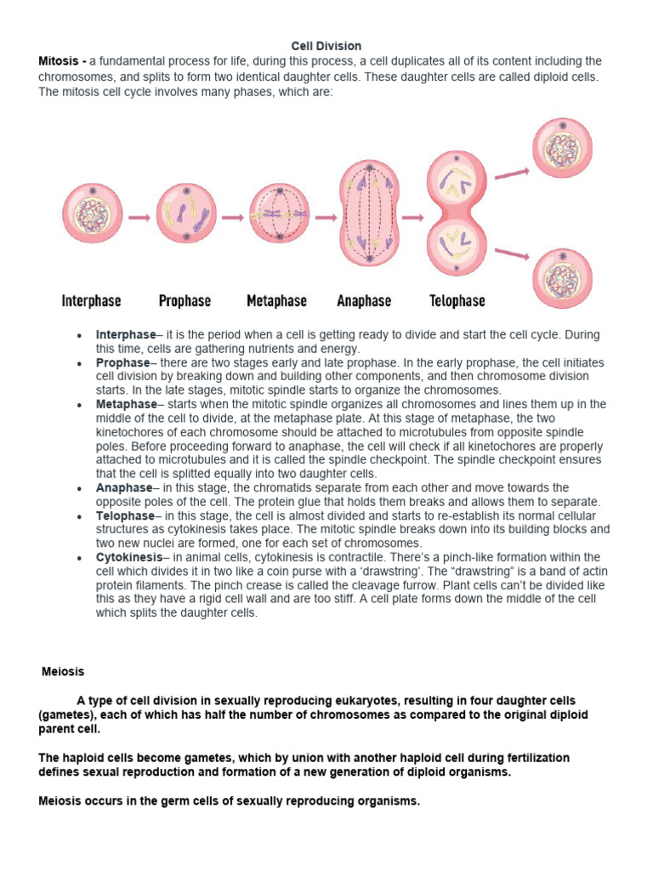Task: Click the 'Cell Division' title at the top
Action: point(326,46)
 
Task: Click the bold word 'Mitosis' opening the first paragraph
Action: point(60,61)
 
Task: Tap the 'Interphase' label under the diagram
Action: point(91,301)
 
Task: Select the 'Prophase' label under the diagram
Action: point(185,301)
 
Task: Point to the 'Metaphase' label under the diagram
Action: point(276,301)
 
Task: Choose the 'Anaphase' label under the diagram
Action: point(364,301)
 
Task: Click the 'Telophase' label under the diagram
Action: point(457,301)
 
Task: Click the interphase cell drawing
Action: point(92,216)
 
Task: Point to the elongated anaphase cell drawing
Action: point(368,216)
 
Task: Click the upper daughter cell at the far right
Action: point(563,148)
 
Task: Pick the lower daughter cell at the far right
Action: point(563,278)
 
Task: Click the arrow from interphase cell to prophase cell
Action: point(139,217)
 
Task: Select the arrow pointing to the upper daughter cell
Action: point(512,173)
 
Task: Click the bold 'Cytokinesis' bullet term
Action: point(129,557)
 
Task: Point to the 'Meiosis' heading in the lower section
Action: point(64,672)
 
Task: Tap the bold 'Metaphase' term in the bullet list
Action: point(127,404)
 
